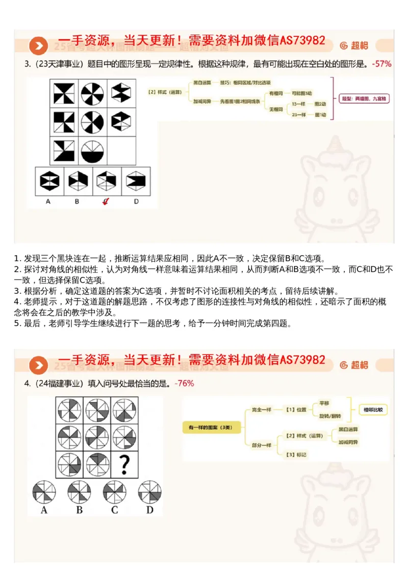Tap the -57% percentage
[x=381, y=64]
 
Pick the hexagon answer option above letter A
[x=49, y=180]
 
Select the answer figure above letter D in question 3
[x=136, y=180]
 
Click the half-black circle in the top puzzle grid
[x=92, y=151]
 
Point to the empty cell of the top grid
[x=121, y=151]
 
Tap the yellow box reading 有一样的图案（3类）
[x=208, y=427]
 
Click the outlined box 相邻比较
[x=373, y=409]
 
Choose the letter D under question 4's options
[x=149, y=510]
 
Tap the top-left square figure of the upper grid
[x=64, y=93]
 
